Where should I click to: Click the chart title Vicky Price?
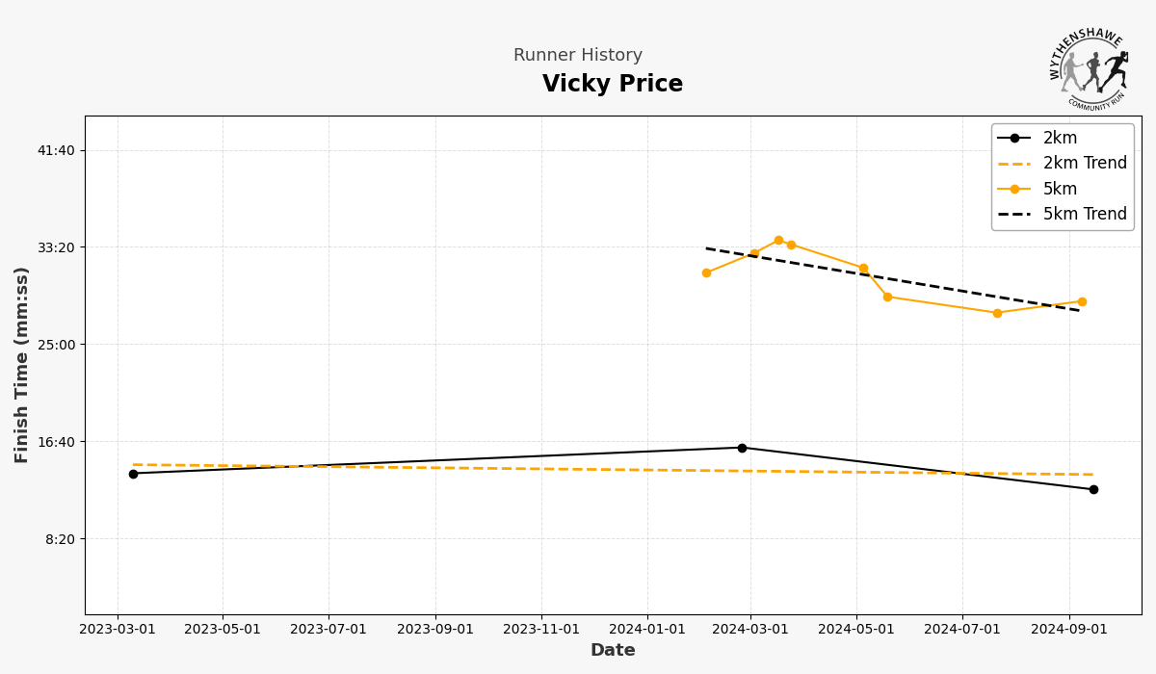click(x=612, y=85)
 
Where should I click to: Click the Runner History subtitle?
click(x=577, y=56)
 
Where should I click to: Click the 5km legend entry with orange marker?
click(x=1060, y=189)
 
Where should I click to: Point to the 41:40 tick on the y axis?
click(x=55, y=150)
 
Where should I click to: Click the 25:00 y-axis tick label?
click(x=55, y=345)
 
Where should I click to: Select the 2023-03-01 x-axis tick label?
click(x=118, y=630)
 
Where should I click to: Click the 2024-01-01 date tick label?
click(x=646, y=630)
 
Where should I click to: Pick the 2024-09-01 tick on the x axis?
click(x=1068, y=630)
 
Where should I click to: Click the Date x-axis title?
click(x=613, y=651)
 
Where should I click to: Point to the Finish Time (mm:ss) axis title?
click(x=22, y=365)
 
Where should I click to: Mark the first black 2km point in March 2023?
click(x=133, y=474)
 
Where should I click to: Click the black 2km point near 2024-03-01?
click(x=742, y=448)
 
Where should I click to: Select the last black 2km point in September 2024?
click(x=1093, y=489)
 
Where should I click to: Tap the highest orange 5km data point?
click(x=778, y=240)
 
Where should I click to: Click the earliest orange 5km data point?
click(x=706, y=272)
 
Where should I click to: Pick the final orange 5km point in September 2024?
click(x=1082, y=301)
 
